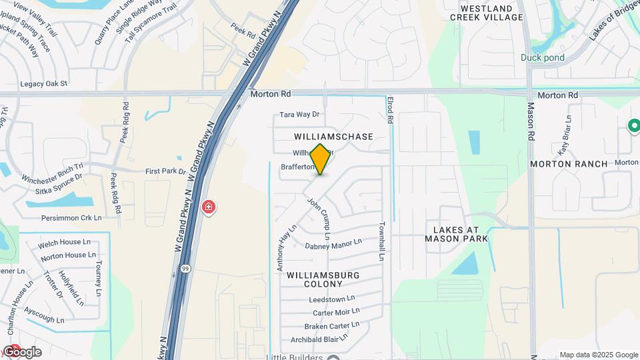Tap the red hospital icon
coord(209,207)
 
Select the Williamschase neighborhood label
coord(333,136)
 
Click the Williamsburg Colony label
coord(323,279)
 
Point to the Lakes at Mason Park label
coord(457,233)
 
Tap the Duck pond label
coord(543,57)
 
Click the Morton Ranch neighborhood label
coord(569,163)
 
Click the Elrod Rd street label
coord(391,110)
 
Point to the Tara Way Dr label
coord(300,115)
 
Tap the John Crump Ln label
coord(319,218)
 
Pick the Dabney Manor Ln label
coord(333,245)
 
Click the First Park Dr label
coord(165,171)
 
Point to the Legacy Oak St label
coord(44,84)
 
